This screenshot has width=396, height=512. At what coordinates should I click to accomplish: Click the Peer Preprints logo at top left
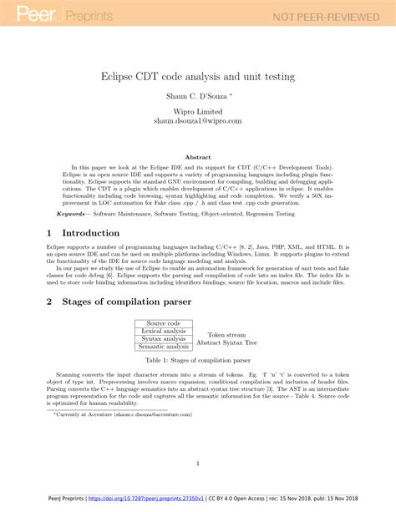point(50,15)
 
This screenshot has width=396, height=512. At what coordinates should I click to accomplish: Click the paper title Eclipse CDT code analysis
point(197,76)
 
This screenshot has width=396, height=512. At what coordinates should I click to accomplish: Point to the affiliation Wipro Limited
point(197,111)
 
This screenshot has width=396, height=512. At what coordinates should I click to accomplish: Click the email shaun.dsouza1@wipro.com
point(197,121)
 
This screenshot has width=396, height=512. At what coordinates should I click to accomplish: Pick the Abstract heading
point(197,156)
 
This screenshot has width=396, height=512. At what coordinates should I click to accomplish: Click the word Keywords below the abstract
point(65,214)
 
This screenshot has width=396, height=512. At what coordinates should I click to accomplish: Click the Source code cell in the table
point(163,323)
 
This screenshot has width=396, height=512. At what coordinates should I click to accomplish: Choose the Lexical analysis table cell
point(163,332)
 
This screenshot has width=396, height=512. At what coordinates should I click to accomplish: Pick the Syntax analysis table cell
point(163,339)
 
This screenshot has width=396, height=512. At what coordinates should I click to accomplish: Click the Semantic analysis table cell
point(163,347)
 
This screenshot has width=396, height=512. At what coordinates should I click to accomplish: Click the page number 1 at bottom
point(198,464)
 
